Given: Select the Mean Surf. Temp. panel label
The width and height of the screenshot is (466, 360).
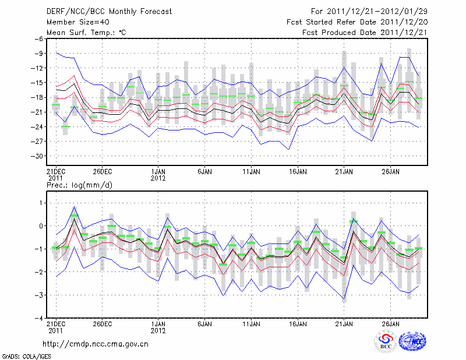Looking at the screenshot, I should tap(86, 33).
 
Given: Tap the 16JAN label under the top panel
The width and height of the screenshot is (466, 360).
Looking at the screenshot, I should tap(298, 172).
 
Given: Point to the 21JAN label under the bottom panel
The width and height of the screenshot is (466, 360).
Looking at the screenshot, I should tap(344, 323).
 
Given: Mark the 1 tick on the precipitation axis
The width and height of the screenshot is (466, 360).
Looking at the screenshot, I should tap(40, 203).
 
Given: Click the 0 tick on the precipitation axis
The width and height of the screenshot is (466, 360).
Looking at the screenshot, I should tap(40, 226).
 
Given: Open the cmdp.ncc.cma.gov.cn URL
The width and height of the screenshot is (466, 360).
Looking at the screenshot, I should tap(96, 344).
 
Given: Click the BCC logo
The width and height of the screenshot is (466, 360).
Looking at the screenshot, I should tap(385, 342).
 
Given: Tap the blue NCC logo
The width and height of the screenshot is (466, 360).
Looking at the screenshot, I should tap(412, 343).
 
